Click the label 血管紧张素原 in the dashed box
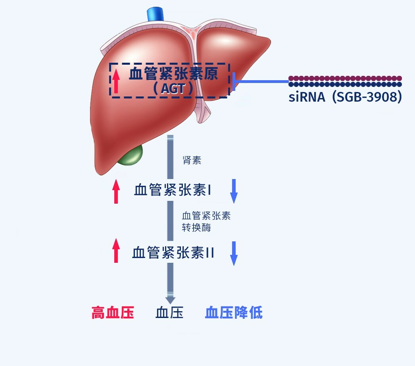[173, 74]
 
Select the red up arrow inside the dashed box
[116, 81]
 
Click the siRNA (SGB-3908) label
[345, 97]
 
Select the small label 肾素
[192, 160]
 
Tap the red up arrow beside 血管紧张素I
[116, 191]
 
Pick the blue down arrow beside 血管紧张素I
[234, 191]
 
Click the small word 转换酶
[196, 227]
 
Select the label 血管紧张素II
[173, 252]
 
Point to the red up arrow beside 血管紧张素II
[116, 250]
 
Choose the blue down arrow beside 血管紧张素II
[234, 253]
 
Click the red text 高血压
[113, 313]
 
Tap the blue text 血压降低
[234, 313]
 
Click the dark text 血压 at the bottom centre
[169, 313]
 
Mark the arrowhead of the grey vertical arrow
[170, 299]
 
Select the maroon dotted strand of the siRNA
[345, 78]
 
